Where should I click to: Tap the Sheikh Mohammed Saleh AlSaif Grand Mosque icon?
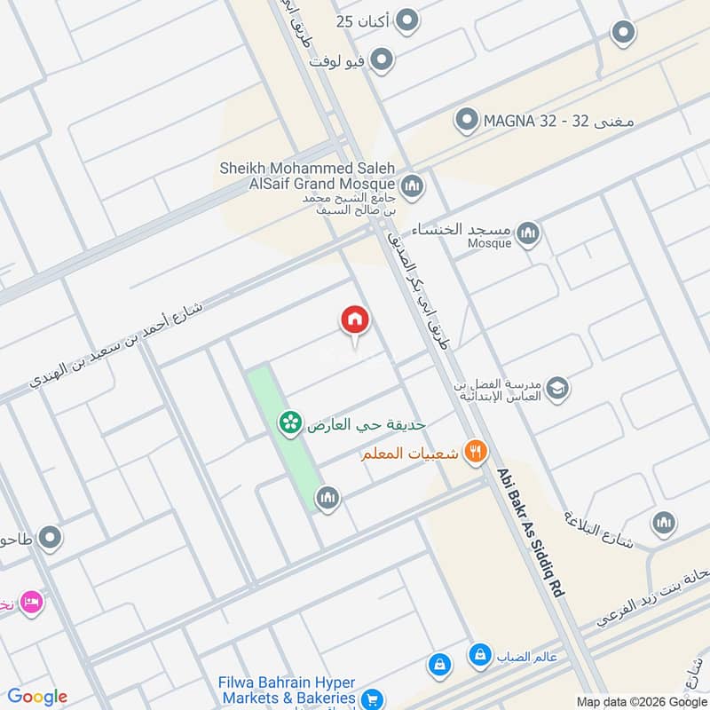tap(411, 186)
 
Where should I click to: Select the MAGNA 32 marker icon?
tap(466, 120)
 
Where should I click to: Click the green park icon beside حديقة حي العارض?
tap(289, 424)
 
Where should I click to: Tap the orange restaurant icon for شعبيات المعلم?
tap(476, 453)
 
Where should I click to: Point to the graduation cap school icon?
tap(557, 389)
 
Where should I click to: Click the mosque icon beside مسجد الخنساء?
tap(529, 233)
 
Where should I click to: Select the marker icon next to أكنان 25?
tap(406, 20)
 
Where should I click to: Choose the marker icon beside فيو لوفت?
tap(382, 60)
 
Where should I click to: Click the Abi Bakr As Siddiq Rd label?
tap(530, 532)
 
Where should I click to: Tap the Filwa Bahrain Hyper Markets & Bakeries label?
tap(287, 690)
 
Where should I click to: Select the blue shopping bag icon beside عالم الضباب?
tap(480, 656)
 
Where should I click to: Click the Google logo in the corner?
tap(37, 697)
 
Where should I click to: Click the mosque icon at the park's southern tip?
tap(327, 500)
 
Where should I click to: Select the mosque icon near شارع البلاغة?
tap(664, 524)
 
